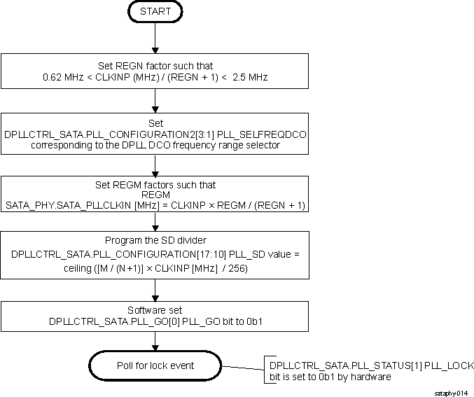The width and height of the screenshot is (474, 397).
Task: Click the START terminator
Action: point(155,12)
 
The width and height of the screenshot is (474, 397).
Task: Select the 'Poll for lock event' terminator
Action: point(155,366)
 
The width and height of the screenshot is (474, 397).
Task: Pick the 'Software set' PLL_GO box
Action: point(155,316)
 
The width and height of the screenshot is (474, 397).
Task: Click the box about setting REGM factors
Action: point(155,195)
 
